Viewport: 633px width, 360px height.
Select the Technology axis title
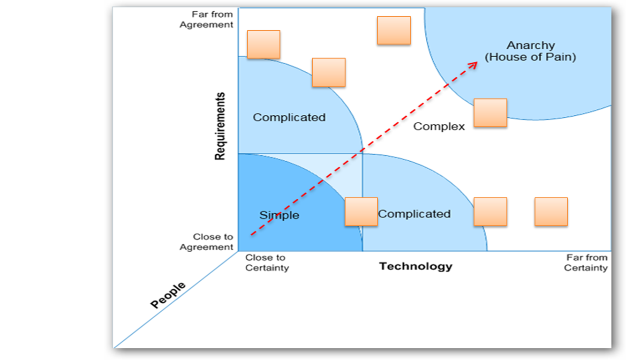(x=415, y=266)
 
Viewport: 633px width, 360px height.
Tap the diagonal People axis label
(x=168, y=295)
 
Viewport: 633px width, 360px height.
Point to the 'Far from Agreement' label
(x=206, y=20)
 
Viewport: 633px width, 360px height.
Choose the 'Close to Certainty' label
(x=267, y=262)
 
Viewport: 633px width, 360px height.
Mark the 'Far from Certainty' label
(x=586, y=262)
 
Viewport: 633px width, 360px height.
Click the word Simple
(x=279, y=215)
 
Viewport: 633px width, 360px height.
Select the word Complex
(x=439, y=127)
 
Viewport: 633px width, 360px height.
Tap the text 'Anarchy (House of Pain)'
(x=530, y=51)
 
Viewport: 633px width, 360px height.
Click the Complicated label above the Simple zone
(x=289, y=117)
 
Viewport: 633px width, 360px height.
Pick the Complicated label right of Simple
(x=414, y=214)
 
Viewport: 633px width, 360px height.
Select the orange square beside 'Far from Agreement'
(x=264, y=45)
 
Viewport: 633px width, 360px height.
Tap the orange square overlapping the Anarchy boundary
(x=490, y=112)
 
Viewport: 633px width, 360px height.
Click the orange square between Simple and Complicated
(x=361, y=211)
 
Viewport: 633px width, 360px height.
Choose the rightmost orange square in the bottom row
(x=551, y=211)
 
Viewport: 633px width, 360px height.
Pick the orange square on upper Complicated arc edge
(x=328, y=72)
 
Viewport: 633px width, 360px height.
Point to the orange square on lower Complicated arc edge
(x=490, y=211)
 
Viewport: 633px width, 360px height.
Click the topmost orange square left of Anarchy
(x=393, y=30)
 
